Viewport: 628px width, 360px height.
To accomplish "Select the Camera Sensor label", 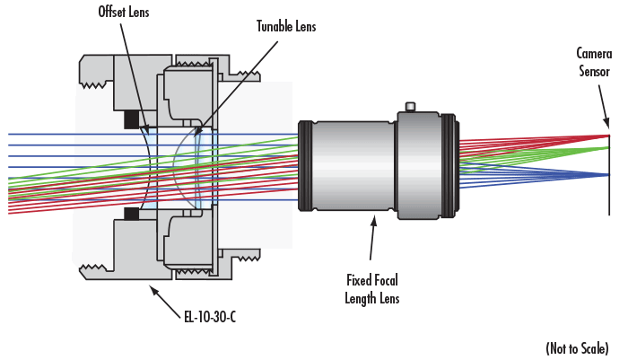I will (x=593, y=62).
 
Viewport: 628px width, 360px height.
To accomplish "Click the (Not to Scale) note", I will (x=577, y=347).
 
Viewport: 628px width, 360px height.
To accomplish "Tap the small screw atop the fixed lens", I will (x=411, y=109).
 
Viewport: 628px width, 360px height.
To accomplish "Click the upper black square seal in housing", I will (x=131, y=119).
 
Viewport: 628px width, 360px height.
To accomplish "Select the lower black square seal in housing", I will (x=131, y=213).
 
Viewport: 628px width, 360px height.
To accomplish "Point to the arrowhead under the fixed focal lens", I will (x=372, y=219).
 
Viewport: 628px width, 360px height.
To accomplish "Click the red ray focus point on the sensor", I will (x=609, y=136).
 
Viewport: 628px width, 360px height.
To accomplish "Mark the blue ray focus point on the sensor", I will (x=609, y=174).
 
